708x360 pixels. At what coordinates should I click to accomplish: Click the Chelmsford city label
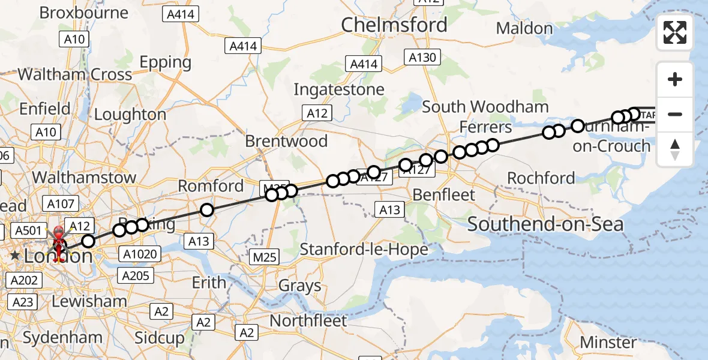[394, 25]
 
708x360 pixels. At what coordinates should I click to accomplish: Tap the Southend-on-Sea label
[545, 225]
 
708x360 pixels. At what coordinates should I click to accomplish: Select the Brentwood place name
[286, 142]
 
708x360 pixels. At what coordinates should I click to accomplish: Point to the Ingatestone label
[338, 90]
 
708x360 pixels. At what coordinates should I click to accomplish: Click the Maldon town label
[524, 28]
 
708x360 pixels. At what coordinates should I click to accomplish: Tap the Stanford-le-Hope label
[364, 249]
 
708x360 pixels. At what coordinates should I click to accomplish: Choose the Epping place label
[165, 62]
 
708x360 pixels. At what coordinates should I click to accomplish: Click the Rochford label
[541, 178]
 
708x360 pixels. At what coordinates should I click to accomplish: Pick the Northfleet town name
[308, 321]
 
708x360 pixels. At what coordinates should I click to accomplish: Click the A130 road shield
[423, 58]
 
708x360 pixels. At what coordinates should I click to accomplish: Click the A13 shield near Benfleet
[390, 209]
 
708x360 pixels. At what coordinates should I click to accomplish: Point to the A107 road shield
[59, 204]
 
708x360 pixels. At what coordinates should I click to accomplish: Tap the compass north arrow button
[675, 149]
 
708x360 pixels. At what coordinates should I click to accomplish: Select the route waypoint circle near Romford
[206, 210]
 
